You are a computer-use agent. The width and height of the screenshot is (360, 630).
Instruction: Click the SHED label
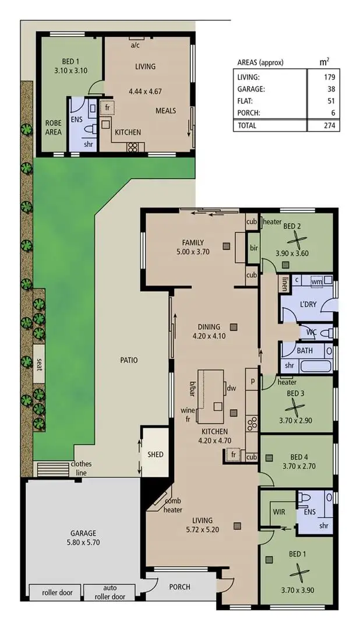156,455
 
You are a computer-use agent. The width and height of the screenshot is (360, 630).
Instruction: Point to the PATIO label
129,360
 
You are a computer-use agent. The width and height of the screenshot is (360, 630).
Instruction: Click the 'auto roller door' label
114,592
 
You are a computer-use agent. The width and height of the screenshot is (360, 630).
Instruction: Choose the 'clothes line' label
82,468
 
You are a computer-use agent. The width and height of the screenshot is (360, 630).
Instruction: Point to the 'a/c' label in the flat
135,45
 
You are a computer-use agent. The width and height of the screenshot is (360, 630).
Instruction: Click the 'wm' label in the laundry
316,281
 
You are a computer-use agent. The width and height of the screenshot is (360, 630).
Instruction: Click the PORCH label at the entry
180,587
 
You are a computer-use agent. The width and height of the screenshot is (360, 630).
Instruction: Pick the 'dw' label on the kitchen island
231,388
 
